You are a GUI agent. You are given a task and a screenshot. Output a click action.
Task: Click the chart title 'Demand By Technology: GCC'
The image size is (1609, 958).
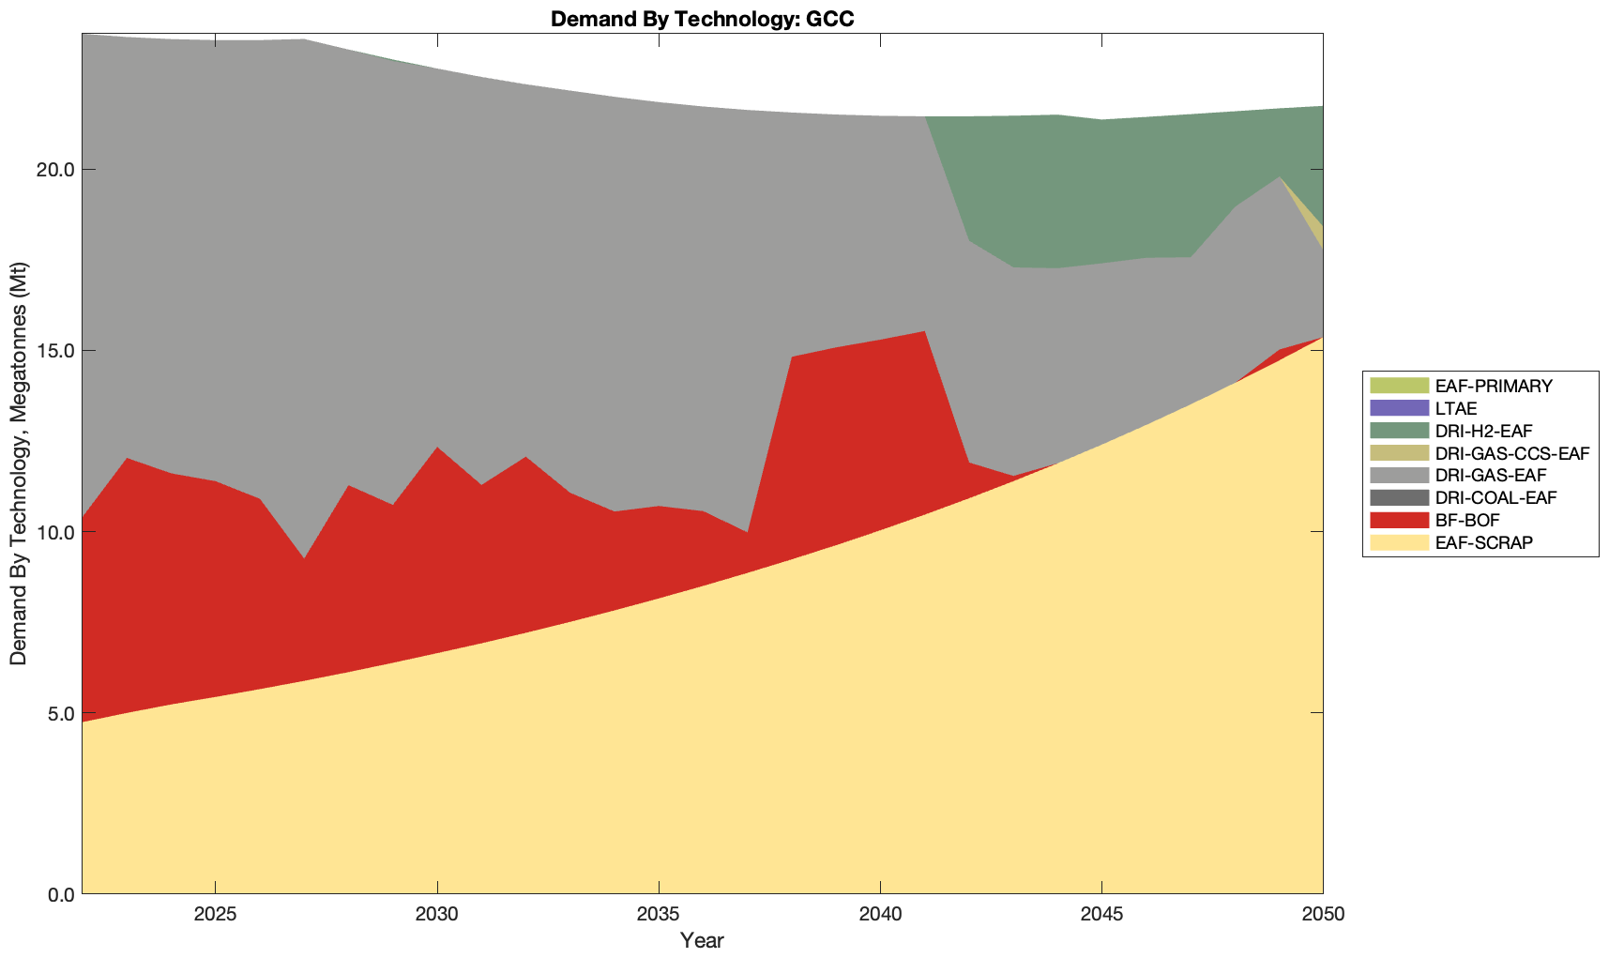(702, 18)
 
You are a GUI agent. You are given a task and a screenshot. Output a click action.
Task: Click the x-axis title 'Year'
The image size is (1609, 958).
(702, 940)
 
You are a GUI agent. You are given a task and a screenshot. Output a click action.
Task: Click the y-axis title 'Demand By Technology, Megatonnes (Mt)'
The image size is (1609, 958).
(19, 464)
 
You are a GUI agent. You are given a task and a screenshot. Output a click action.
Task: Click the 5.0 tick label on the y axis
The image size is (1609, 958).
(59, 713)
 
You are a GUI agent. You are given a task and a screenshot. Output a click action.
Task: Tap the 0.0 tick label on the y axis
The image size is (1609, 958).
(59, 894)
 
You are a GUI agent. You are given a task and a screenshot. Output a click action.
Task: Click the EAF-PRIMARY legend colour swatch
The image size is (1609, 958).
(1398, 386)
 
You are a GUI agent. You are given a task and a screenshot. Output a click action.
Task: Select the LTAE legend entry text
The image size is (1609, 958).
(1456, 408)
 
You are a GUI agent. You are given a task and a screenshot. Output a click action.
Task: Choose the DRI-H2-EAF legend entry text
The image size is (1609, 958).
(1483, 431)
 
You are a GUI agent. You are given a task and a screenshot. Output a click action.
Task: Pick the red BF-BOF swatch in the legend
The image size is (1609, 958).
(1398, 520)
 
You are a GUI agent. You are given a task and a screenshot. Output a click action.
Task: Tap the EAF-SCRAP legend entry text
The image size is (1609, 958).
(1483, 542)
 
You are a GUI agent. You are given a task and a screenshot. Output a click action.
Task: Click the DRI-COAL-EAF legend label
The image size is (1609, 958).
(1495, 497)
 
